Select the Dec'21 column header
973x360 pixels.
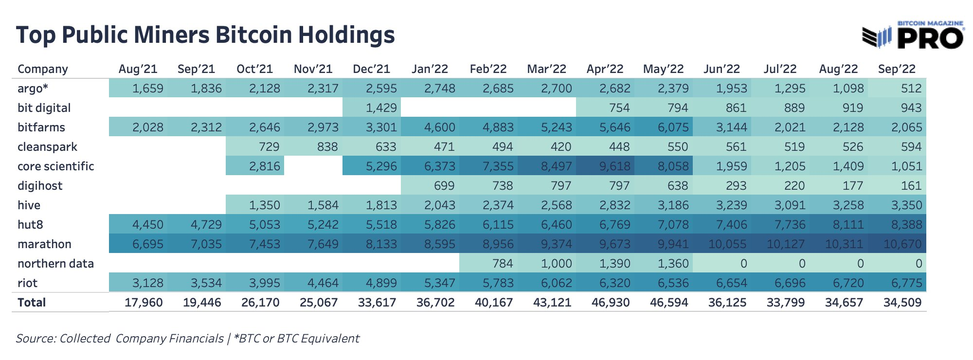tap(371, 69)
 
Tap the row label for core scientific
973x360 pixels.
tap(55, 166)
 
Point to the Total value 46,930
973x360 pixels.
tap(610, 303)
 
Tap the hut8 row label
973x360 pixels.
tap(30, 225)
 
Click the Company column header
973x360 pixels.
tap(43, 69)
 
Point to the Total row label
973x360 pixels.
tap(32, 303)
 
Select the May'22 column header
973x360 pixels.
tap(663, 69)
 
